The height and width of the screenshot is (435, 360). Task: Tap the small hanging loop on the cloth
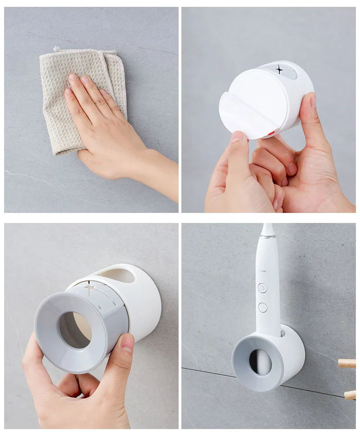click(x=56, y=48)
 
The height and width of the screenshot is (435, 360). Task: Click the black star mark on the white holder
click(x=279, y=69)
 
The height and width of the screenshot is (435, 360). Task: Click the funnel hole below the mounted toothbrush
click(x=260, y=362)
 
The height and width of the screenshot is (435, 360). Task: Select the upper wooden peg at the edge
click(x=347, y=363)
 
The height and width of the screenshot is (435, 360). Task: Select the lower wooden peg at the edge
click(x=349, y=395)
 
